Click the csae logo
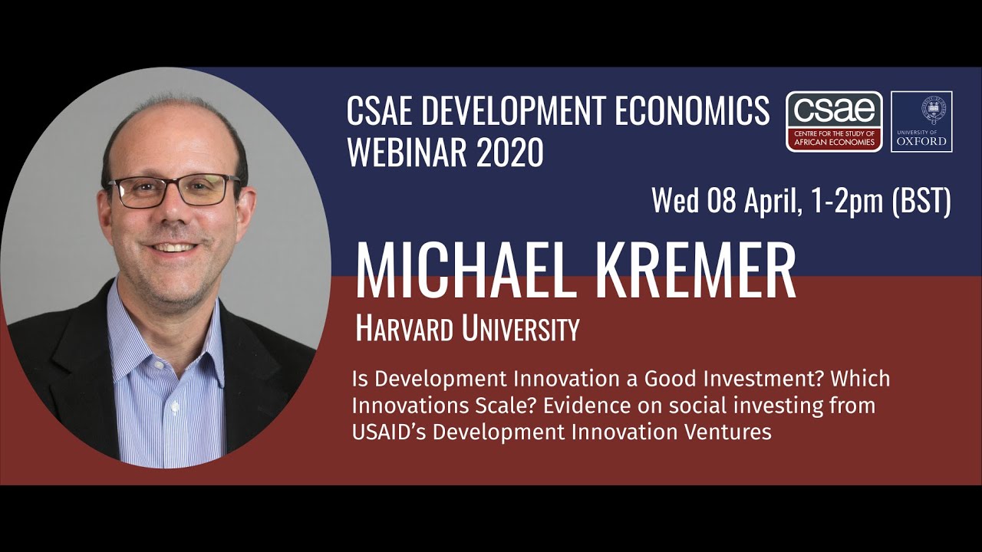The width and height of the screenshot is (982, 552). (834, 121)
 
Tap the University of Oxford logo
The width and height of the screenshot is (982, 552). (921, 121)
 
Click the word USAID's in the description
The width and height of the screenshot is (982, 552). (389, 432)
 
